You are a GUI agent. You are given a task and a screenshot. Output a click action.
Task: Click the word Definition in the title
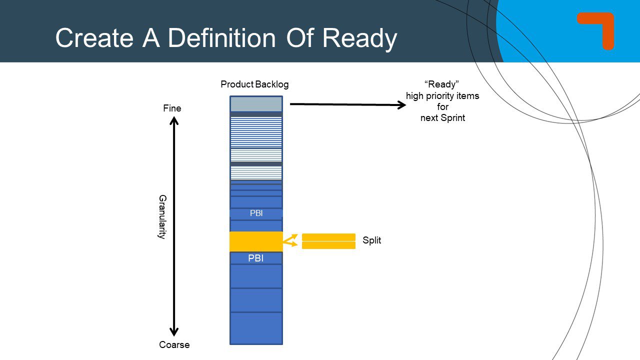click(222, 38)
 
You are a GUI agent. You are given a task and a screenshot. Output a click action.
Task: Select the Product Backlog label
click(254, 84)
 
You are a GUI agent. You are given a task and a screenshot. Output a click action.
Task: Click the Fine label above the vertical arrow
click(172, 108)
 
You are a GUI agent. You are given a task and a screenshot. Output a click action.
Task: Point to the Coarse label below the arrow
click(174, 344)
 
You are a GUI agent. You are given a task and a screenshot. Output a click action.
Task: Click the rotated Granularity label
click(161, 216)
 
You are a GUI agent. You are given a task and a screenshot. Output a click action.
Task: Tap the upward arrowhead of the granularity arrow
click(173, 120)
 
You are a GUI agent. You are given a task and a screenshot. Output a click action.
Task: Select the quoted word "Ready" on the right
click(442, 84)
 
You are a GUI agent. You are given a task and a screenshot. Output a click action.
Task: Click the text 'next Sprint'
click(442, 118)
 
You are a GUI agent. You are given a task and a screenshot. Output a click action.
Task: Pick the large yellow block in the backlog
click(256, 241)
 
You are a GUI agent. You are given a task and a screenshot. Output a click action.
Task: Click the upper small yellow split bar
click(328, 237)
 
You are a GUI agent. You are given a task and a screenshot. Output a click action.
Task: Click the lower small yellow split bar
click(328, 245)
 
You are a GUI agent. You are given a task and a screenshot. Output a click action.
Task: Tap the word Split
click(371, 240)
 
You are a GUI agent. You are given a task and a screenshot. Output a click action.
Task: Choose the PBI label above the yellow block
click(256, 213)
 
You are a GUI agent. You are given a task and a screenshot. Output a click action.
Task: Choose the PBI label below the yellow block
click(256, 258)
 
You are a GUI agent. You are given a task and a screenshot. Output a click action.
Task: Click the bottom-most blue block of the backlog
click(256, 327)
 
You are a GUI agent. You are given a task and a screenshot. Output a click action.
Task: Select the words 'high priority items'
click(442, 96)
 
